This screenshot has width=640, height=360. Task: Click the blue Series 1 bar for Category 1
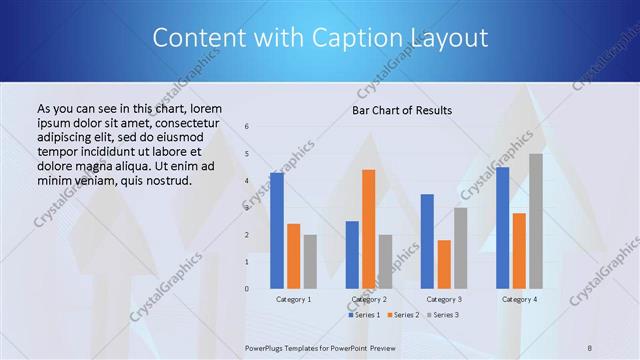(x=277, y=231)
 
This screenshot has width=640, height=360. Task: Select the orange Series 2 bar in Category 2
(x=369, y=229)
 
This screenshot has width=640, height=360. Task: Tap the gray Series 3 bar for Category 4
(x=536, y=221)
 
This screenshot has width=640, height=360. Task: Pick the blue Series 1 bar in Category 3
(x=427, y=241)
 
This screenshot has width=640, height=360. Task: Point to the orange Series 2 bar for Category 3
(x=444, y=264)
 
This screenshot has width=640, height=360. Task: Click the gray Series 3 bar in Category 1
(x=310, y=261)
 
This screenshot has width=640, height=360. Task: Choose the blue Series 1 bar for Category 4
(x=502, y=228)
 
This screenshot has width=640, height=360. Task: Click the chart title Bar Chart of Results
(x=402, y=110)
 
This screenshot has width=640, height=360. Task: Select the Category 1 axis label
(x=293, y=299)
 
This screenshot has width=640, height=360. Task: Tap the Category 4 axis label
(x=519, y=299)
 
